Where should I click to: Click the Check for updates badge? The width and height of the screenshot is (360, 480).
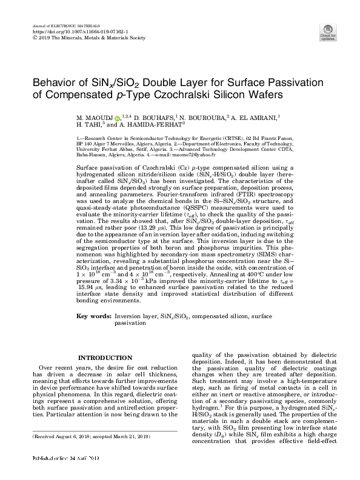point(327,32)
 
